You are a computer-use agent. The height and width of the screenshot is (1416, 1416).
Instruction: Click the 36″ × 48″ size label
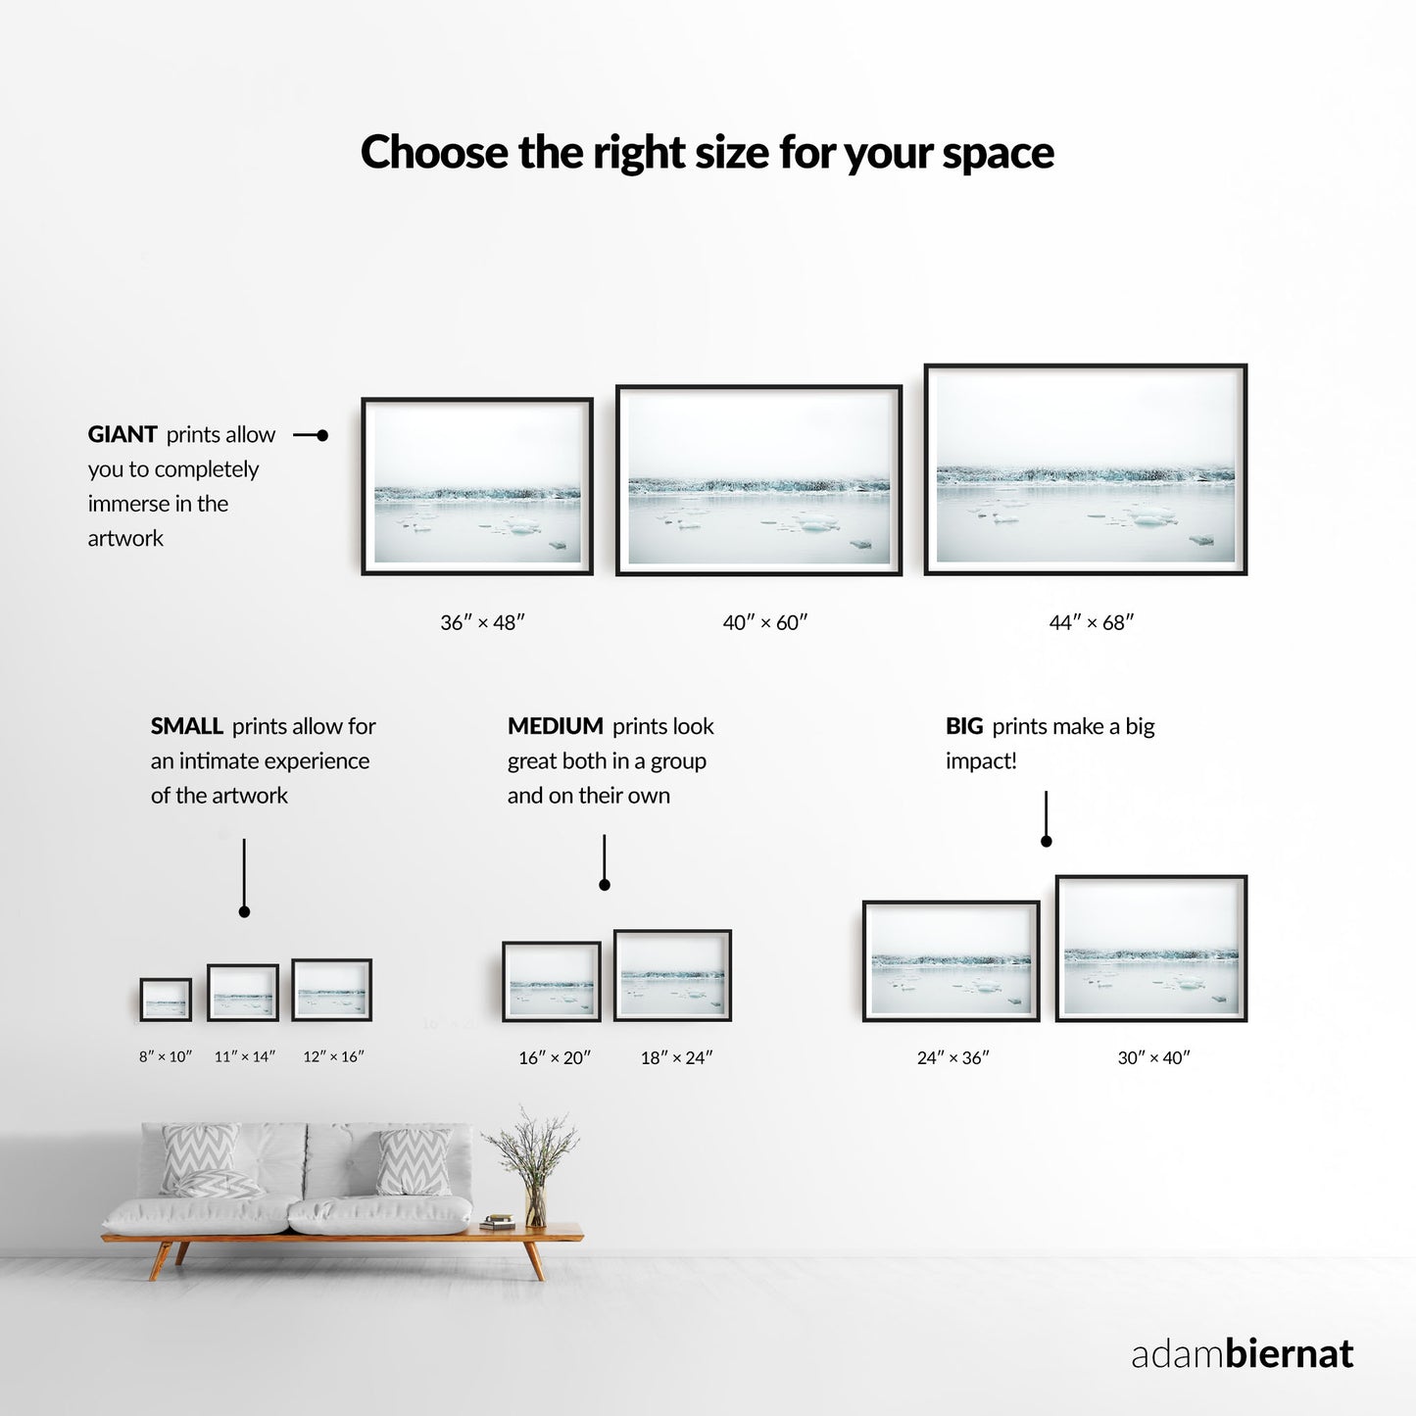coord(482,622)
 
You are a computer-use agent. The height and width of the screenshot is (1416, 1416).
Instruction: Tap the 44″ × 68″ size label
coord(1092,622)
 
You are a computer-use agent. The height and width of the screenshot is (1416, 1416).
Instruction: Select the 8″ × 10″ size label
coord(166,1056)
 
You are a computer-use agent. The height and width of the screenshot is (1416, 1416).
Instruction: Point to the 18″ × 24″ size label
coord(677,1057)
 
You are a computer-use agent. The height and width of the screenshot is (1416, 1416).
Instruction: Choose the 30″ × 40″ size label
coord(1153,1057)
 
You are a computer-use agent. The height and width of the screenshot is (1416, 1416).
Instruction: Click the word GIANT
coord(122,434)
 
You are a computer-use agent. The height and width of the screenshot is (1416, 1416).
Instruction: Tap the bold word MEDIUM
coord(555,726)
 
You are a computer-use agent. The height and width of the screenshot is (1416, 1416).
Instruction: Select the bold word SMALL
coord(186,726)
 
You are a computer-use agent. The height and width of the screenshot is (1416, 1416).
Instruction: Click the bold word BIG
coord(964,726)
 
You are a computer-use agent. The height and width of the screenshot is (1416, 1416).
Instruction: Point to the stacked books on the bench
coord(498,1222)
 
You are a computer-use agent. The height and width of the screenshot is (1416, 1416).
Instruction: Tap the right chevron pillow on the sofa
coord(414,1162)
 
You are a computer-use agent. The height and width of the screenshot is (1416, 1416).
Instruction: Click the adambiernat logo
coord(1242,1353)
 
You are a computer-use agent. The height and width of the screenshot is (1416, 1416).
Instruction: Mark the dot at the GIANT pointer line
coord(321,436)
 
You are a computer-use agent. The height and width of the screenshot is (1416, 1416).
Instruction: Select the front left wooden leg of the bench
coord(160,1260)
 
